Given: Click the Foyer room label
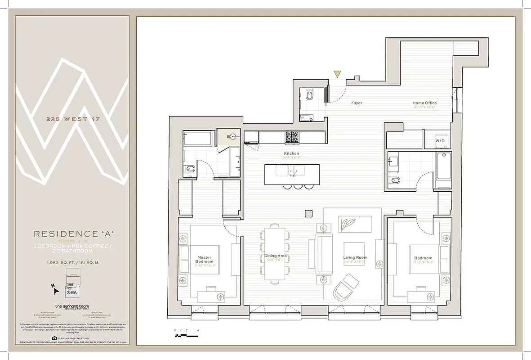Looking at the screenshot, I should [357, 103].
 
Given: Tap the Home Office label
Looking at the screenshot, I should [424, 103].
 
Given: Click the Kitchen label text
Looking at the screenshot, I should [291, 154].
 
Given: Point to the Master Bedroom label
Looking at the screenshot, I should [204, 260].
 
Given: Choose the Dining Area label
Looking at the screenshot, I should [276, 256].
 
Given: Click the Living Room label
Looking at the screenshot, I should [355, 258].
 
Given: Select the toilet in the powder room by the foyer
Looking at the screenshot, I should [309, 96].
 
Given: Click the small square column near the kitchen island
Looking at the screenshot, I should [308, 213].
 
